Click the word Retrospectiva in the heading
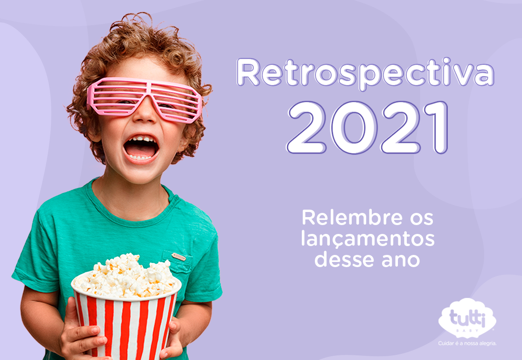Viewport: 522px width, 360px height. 365,74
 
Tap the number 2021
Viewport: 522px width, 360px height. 368,127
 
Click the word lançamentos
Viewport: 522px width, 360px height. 368,239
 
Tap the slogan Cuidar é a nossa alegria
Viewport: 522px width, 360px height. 467,343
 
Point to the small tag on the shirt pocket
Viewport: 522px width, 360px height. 179,257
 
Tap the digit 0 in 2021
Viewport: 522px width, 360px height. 354,127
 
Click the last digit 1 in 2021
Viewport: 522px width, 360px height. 437,127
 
